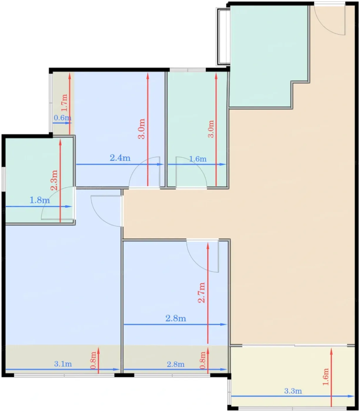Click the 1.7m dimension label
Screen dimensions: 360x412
pos(64,103)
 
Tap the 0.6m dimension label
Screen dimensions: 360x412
pos(63,118)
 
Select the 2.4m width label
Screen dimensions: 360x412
pos(120,158)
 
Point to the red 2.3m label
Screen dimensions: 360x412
pos(54,180)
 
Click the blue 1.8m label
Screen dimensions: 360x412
pos(40,200)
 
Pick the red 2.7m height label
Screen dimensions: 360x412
pos(201,293)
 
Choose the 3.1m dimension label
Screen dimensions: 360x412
pos(63,364)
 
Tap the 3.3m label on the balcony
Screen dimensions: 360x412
pos(293,391)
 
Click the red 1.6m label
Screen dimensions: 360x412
pos(326,377)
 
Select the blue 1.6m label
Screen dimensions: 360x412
pos(198,159)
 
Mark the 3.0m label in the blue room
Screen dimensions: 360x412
pos(141,129)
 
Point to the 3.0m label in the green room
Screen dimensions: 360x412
pos(211,129)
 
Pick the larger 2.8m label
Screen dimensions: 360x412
pos(176,318)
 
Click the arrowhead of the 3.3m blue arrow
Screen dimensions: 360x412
pos(351,396)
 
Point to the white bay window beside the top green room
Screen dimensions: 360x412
pos(223,37)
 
